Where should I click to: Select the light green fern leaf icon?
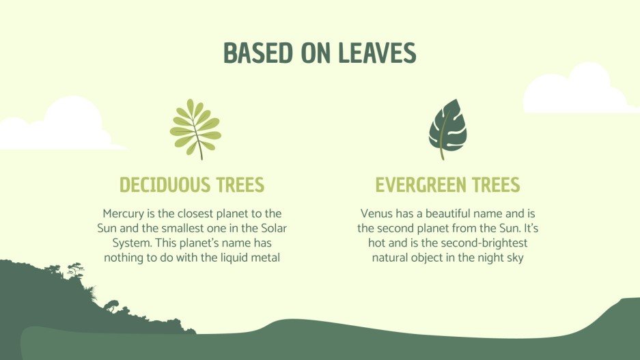(195, 128)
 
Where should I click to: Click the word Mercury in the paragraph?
(123, 214)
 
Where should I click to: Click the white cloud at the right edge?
(581, 92)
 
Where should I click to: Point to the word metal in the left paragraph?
(266, 258)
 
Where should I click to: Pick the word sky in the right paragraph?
(514, 258)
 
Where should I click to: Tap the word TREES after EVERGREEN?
(495, 185)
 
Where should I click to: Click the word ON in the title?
(314, 53)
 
